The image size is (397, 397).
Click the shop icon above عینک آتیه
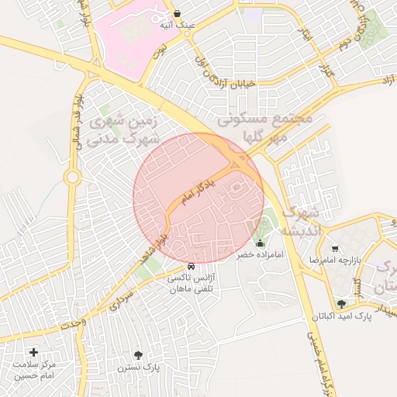click(x=178, y=13)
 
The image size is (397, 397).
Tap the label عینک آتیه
click(x=178, y=25)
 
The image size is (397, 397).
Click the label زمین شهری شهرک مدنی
click(x=124, y=130)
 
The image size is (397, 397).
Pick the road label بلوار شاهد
click(x=153, y=246)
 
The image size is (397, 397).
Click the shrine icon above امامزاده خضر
click(x=259, y=243)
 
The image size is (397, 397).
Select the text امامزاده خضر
click(x=261, y=254)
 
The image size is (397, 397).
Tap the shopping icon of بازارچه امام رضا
click(x=335, y=249)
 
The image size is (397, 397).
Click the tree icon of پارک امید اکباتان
click(x=341, y=304)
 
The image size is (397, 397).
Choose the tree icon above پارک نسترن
click(x=138, y=355)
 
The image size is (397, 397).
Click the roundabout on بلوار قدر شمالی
click(x=72, y=178)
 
